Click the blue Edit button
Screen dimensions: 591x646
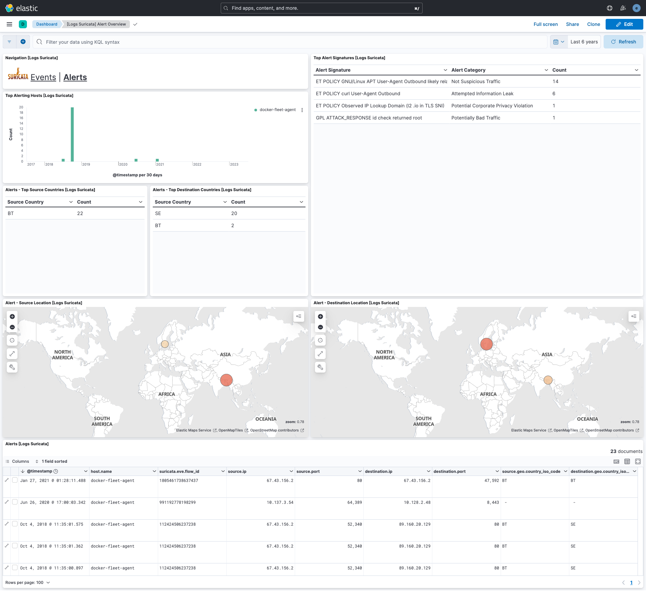(624, 24)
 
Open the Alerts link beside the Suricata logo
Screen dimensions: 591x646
(75, 77)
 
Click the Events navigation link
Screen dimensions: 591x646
(43, 77)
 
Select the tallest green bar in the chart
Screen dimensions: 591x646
(72, 134)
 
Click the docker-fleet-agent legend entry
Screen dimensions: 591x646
(277, 110)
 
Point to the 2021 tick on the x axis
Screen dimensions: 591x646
(160, 164)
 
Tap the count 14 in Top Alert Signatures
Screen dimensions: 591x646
(555, 81)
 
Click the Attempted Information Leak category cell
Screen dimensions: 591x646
(482, 94)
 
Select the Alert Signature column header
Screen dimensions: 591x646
(333, 70)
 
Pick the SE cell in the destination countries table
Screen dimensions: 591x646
(158, 213)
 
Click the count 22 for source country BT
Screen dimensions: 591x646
(80, 213)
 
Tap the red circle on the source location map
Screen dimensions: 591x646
(226, 380)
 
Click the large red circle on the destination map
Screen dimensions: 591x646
(487, 344)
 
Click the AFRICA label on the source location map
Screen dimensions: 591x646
(167, 394)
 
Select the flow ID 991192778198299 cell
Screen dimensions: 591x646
(177, 502)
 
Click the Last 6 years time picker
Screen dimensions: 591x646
(584, 42)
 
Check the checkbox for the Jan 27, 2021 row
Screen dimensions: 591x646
(15, 480)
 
